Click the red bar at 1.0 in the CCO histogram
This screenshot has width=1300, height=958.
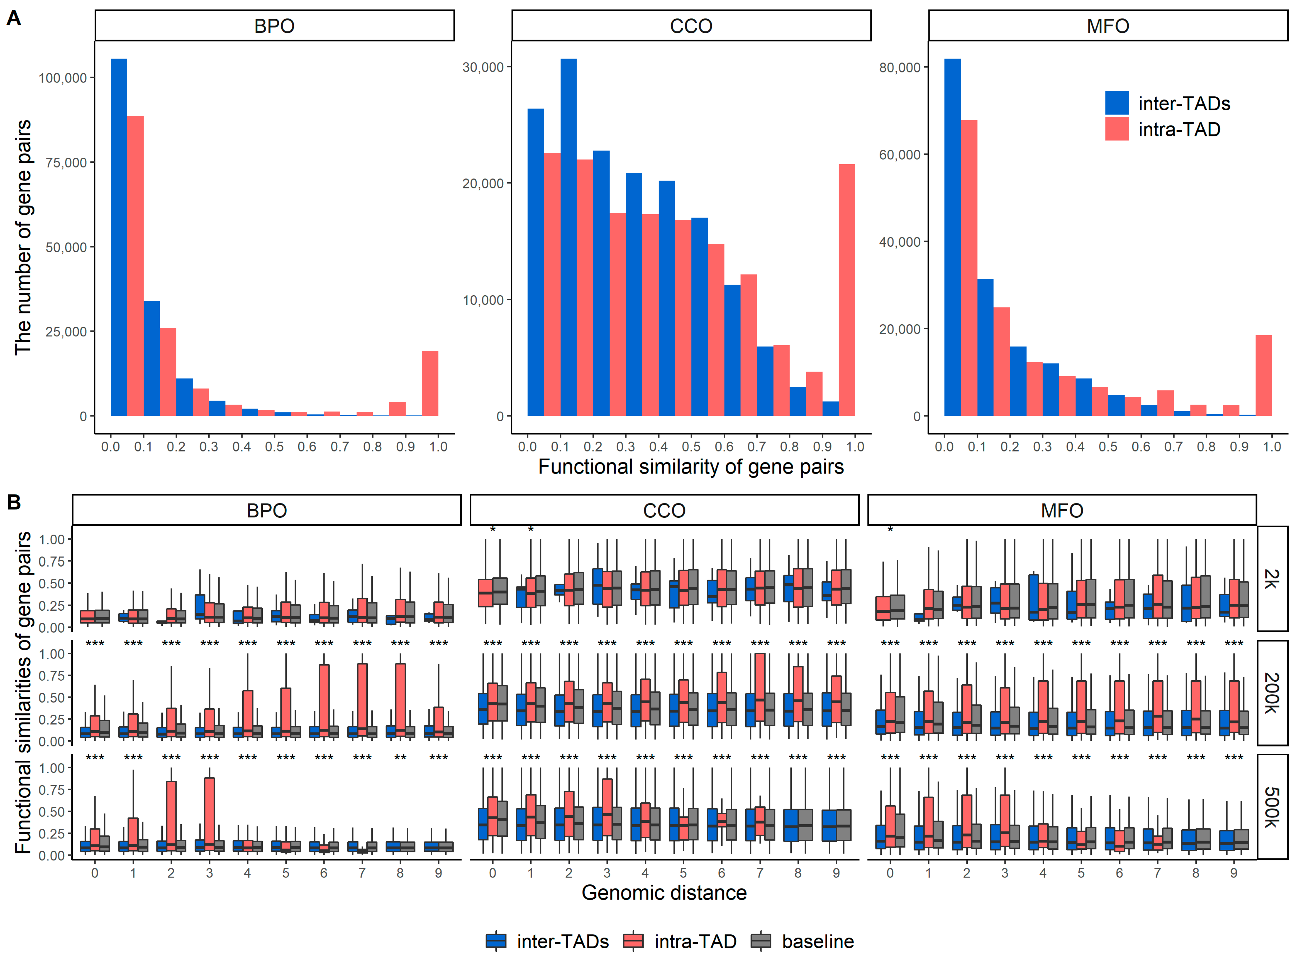[846, 290]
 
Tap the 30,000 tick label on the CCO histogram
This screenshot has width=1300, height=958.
[483, 67]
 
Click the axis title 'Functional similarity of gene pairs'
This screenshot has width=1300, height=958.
[691, 467]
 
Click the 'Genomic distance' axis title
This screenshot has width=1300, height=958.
[664, 893]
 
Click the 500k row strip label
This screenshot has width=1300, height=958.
[1272, 807]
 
